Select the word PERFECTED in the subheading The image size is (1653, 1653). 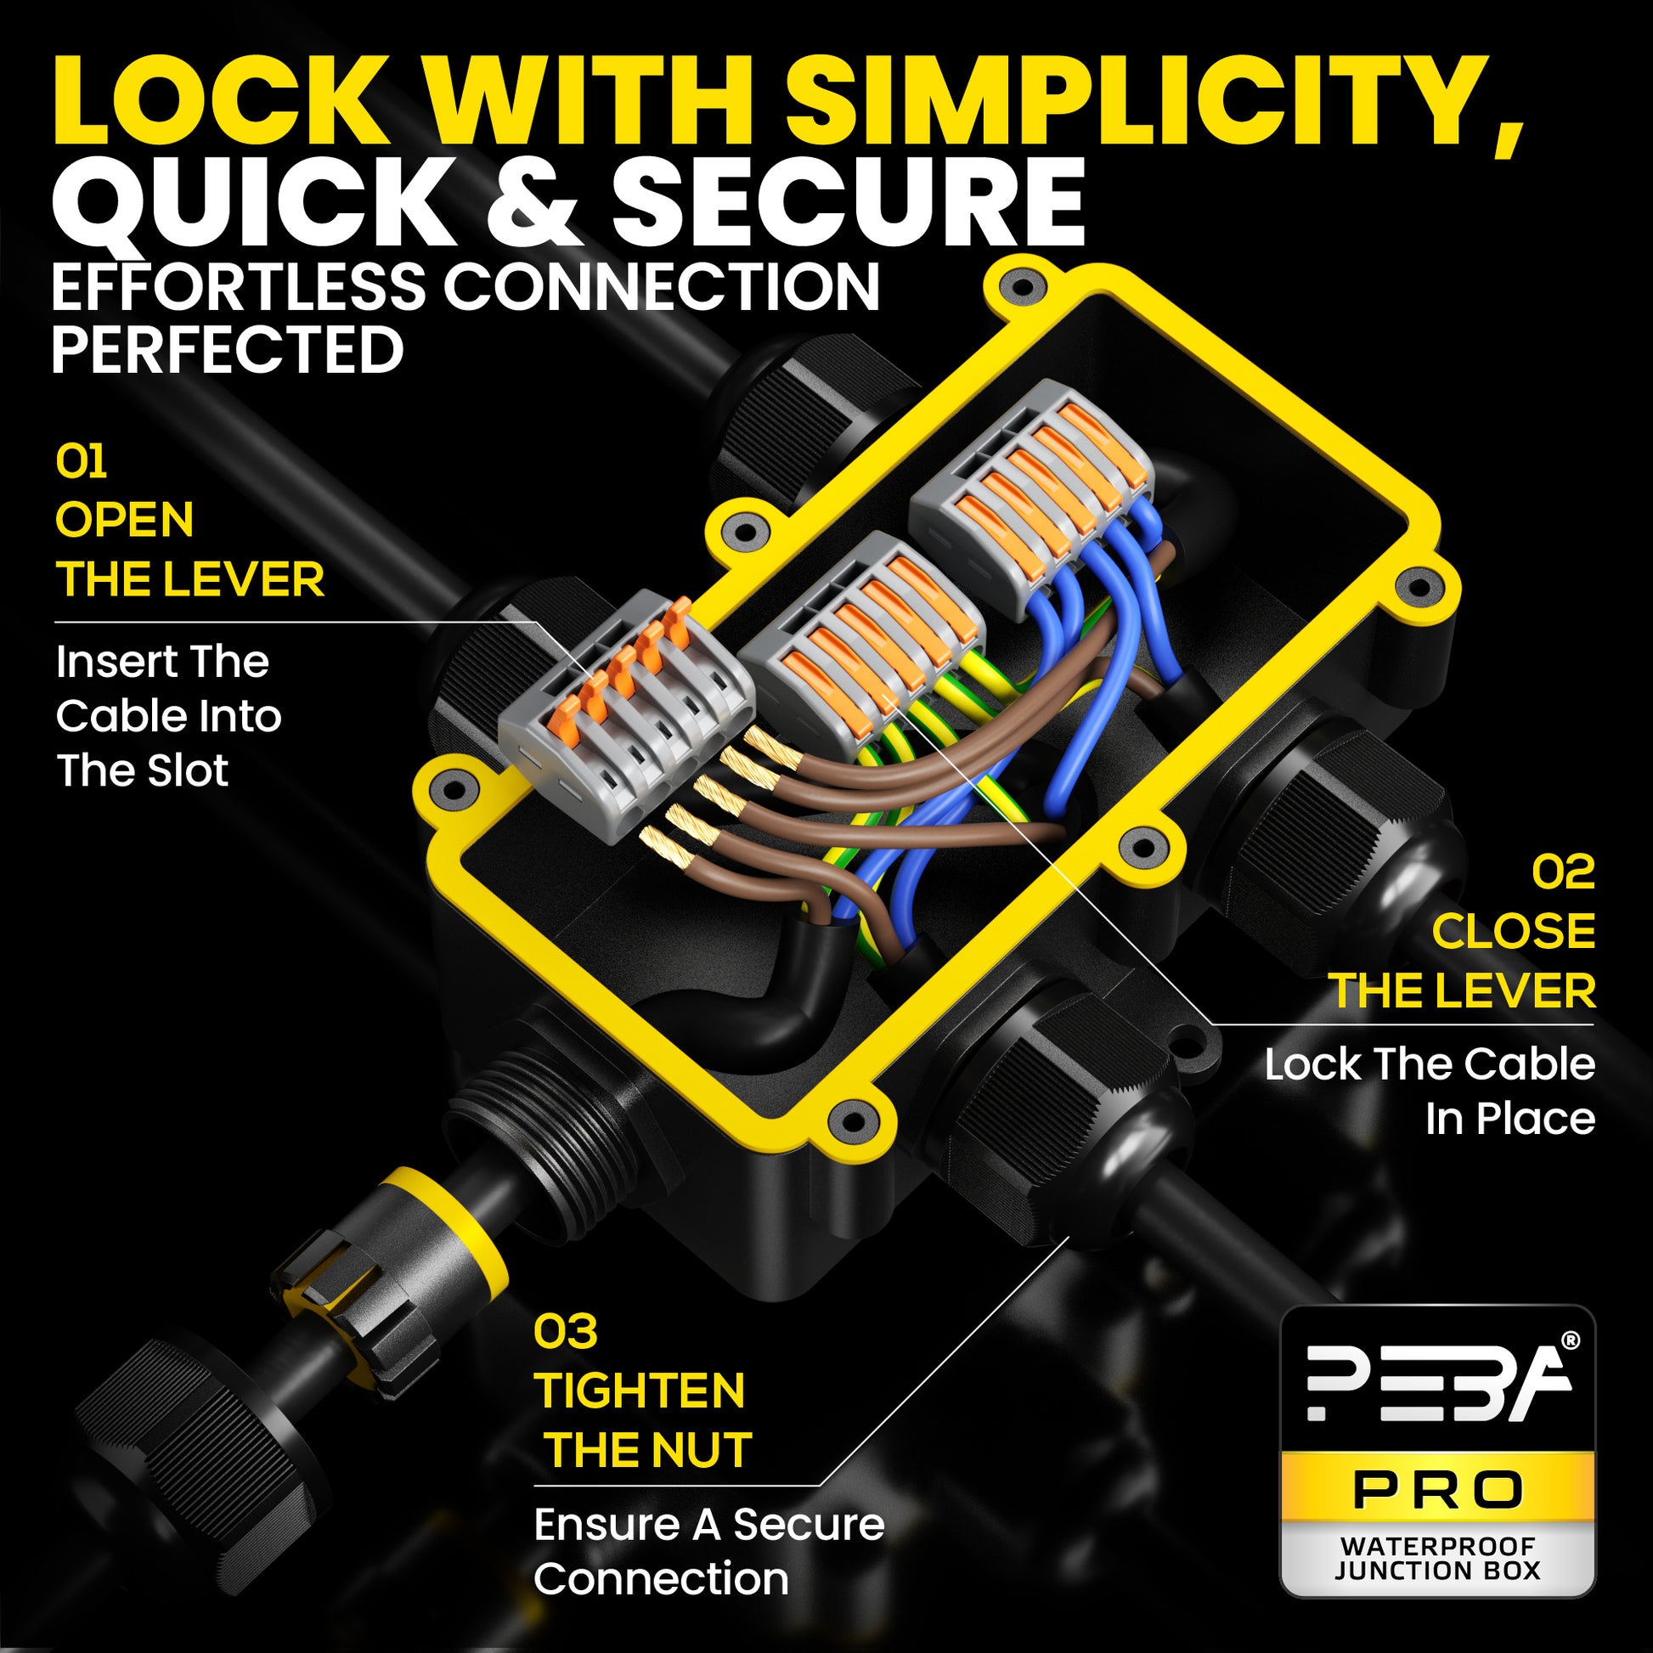click(227, 350)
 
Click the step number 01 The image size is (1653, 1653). click(82, 462)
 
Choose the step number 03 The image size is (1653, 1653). click(566, 1331)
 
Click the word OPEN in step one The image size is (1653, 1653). click(125, 520)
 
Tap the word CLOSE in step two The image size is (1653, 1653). click(1514, 931)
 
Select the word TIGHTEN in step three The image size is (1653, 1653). click(640, 1391)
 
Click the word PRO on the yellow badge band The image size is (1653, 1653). click(1438, 1491)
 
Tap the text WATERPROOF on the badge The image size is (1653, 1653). click(1438, 1546)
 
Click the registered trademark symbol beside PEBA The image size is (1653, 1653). click(1571, 1340)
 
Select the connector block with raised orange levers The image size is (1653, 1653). click(627, 719)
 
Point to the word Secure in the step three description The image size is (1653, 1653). click(809, 1525)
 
